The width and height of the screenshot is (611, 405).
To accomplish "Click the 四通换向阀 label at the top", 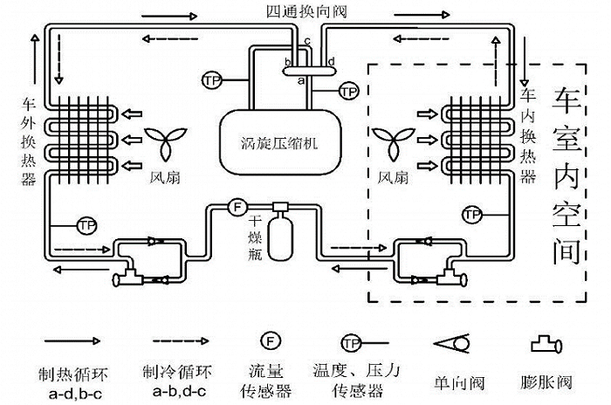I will [305, 10].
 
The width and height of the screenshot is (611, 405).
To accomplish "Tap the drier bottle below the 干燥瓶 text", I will [281, 236].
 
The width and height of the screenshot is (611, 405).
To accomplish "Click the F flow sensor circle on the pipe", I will [235, 207].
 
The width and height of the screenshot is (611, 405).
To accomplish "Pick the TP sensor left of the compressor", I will [211, 79].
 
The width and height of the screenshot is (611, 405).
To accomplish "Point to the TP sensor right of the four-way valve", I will [349, 90].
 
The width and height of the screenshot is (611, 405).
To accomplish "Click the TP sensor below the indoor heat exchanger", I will [472, 213].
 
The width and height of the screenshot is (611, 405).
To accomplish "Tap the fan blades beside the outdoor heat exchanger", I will [165, 141].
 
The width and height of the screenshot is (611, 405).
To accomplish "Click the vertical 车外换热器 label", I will [27, 141].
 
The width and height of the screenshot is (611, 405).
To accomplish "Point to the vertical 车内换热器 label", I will [527, 135].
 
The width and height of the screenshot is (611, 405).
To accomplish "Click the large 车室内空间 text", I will [566, 175].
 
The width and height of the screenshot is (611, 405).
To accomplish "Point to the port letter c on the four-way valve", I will [308, 41].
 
